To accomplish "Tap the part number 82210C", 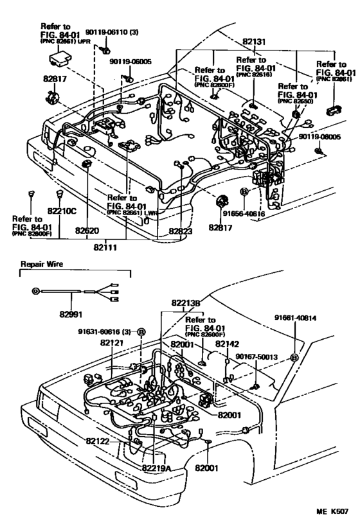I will (61, 210).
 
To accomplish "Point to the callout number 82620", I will (87, 229).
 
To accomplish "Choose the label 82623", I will (183, 231).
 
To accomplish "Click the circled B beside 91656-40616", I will (244, 191).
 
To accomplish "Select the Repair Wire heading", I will (40, 264).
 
